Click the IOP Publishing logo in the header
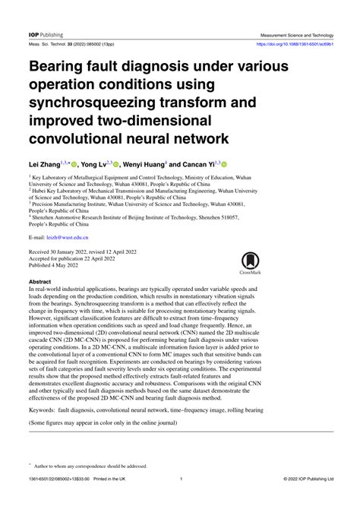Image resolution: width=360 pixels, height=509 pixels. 46,35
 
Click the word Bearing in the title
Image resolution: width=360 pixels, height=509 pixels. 60,67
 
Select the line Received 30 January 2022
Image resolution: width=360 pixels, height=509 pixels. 65,251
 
